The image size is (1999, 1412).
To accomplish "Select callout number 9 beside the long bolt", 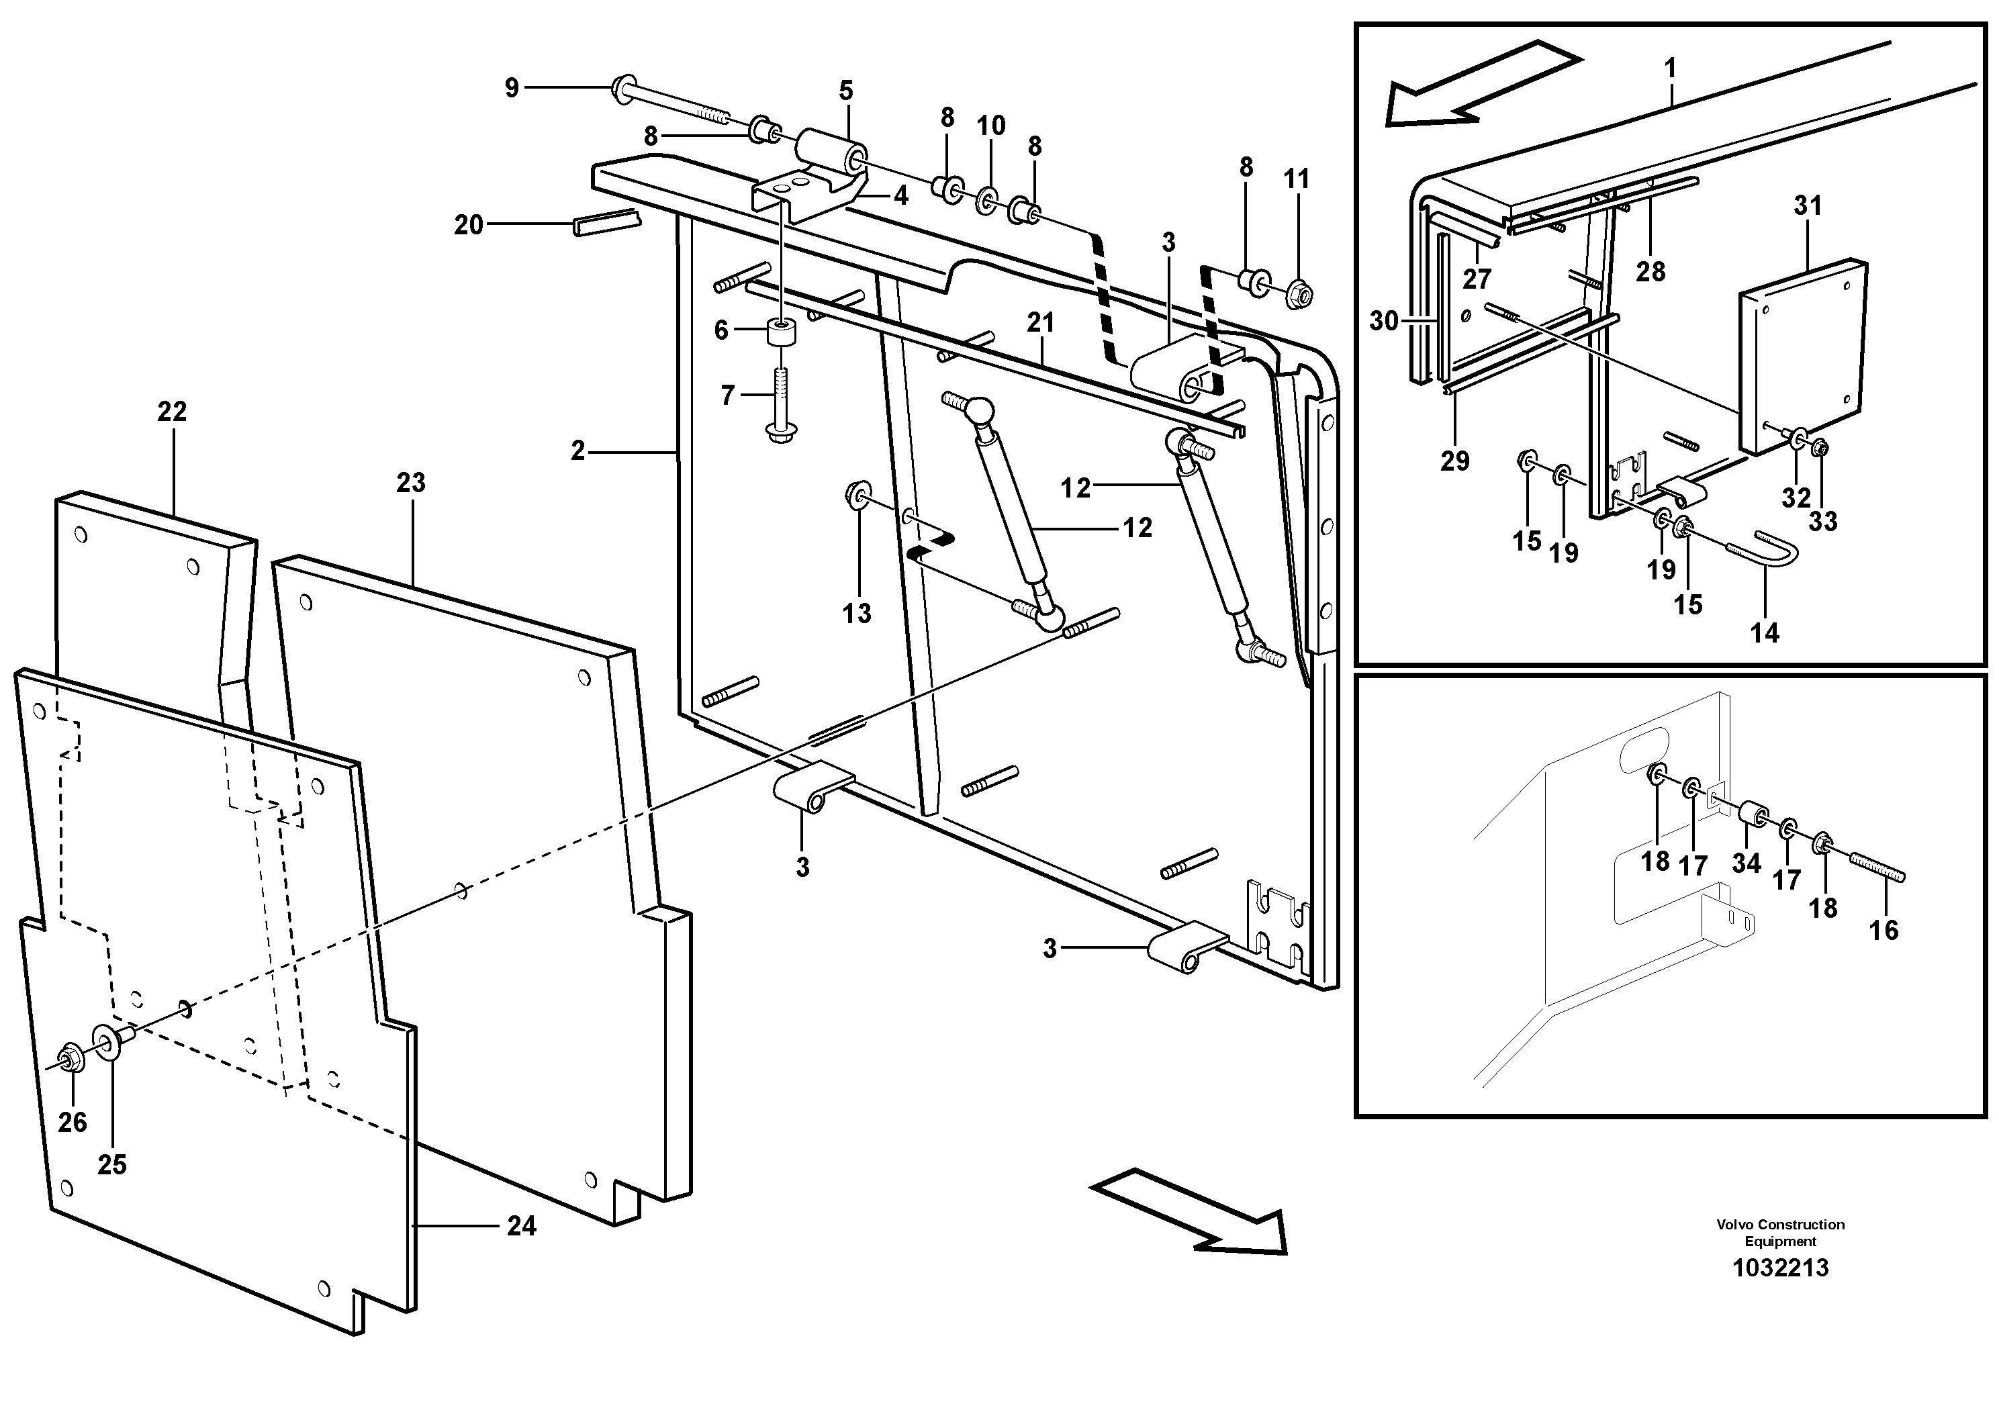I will tap(512, 87).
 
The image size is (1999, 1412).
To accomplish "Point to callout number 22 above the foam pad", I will tap(171, 411).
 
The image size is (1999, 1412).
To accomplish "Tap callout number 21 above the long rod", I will tap(1040, 323).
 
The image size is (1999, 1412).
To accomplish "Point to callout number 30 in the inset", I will tap(1383, 320).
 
